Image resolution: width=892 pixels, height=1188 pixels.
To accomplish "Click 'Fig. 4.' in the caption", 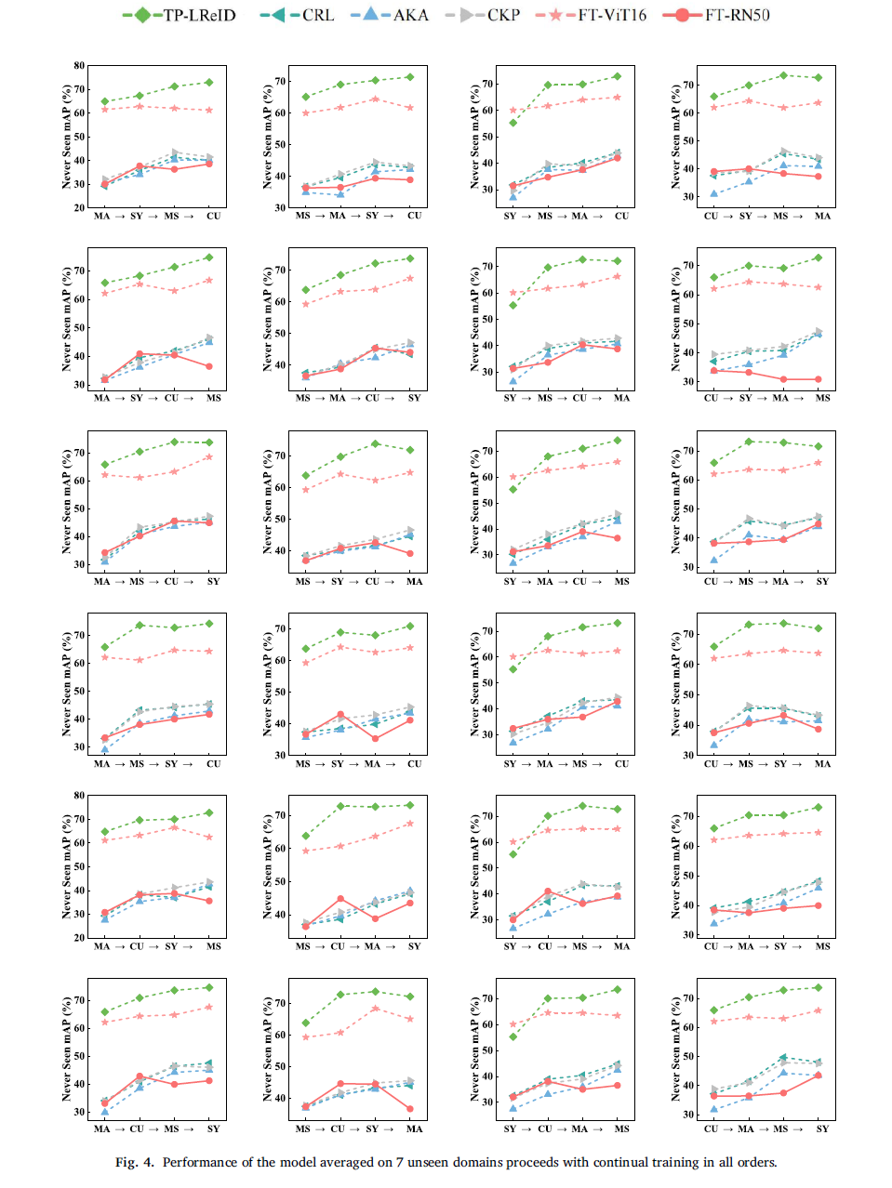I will point(134,1162).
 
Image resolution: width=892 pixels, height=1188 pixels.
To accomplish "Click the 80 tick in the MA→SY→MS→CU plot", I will point(79,66).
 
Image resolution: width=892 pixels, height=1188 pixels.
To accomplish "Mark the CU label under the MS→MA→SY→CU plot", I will point(414,216).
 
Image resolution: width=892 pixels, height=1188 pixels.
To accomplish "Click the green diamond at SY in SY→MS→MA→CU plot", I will point(513,123).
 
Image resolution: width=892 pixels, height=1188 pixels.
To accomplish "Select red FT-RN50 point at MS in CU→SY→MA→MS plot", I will point(819,379).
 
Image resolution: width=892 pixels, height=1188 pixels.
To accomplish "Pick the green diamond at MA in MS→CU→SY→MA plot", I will point(410,997).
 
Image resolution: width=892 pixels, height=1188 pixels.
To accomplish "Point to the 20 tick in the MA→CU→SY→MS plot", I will point(79,938).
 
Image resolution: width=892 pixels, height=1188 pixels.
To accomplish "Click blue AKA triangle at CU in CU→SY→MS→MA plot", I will point(713,193).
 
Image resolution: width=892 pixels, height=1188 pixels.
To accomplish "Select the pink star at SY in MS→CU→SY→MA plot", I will point(375,1009).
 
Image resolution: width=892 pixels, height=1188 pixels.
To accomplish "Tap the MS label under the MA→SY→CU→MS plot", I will point(213,398).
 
